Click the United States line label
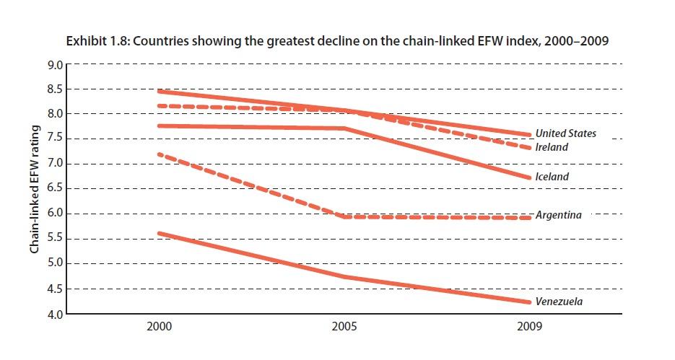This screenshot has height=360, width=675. tap(565, 133)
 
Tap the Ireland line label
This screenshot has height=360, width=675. tap(552, 147)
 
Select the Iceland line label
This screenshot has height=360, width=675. tap(552, 177)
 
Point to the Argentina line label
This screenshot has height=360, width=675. tap(558, 215)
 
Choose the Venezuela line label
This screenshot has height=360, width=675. tap(558, 302)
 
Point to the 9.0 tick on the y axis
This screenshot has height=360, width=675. tap(55, 65)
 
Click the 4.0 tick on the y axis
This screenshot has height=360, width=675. tap(55, 314)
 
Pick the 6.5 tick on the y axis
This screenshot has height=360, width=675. tap(55, 189)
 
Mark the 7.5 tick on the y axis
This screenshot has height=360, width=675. tap(55, 139)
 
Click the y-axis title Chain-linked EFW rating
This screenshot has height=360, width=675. tap(34, 189)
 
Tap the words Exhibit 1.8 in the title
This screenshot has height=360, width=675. tap(92, 41)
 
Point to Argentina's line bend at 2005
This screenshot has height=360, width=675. tap(345, 216)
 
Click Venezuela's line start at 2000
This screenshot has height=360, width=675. tap(158, 233)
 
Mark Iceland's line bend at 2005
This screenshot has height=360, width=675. tap(345, 128)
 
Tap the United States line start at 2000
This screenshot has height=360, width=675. tap(158, 91)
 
